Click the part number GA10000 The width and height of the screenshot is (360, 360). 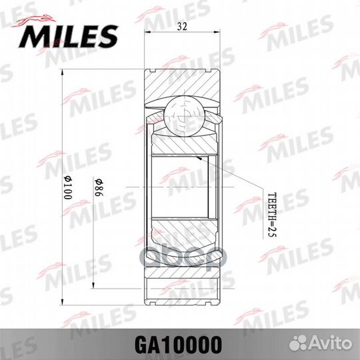coord(180,344)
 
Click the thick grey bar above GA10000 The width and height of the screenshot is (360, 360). coord(180,325)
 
